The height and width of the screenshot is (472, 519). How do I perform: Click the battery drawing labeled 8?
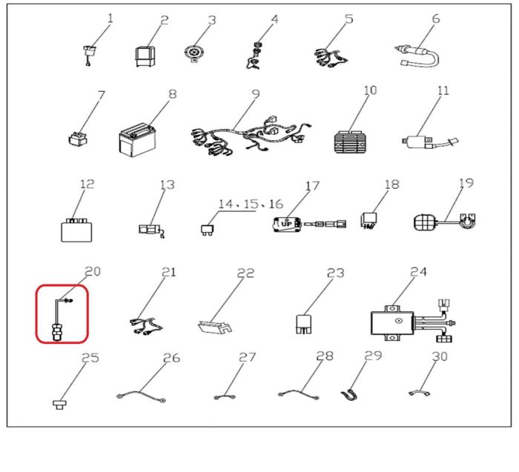[x=137, y=139]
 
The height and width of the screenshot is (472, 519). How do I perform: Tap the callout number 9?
[x=256, y=94]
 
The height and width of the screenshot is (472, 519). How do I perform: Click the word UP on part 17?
[x=286, y=224]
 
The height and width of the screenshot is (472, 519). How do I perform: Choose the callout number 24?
[x=418, y=271]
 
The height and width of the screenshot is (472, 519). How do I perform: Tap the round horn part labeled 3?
[x=193, y=53]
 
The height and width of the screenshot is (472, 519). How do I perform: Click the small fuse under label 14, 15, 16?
[x=207, y=230]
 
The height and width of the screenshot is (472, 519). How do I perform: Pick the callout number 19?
[x=466, y=183]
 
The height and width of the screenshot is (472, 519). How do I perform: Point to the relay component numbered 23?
[x=303, y=324]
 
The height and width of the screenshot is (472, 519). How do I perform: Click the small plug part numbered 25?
[x=59, y=404]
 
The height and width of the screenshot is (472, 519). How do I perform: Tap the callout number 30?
[x=440, y=356]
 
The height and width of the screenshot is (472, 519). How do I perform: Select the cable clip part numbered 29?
[x=349, y=395]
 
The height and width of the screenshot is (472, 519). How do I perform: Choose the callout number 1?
[x=110, y=18]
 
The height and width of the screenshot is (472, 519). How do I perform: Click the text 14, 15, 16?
[x=251, y=204]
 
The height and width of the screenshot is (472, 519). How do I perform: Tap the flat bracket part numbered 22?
[x=215, y=326]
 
